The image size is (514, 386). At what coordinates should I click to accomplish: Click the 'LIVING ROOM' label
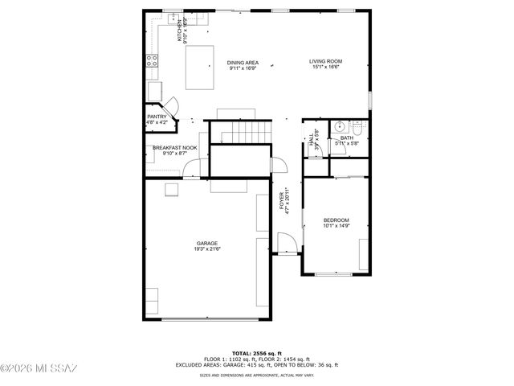327,61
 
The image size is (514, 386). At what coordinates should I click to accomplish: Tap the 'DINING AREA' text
242,62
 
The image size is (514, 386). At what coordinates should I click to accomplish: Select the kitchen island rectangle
200,68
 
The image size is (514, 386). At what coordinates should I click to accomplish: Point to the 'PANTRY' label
156,117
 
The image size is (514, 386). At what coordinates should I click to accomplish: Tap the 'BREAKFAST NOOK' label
174,147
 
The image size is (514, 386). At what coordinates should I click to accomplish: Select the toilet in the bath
358,127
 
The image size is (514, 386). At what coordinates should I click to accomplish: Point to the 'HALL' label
312,138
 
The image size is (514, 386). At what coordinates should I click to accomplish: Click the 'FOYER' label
282,200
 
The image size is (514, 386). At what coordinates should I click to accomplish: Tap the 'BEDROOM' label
336,220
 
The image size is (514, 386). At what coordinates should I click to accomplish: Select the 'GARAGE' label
206,243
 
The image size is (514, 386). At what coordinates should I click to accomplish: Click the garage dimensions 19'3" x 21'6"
206,249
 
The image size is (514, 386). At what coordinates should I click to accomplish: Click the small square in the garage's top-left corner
172,190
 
